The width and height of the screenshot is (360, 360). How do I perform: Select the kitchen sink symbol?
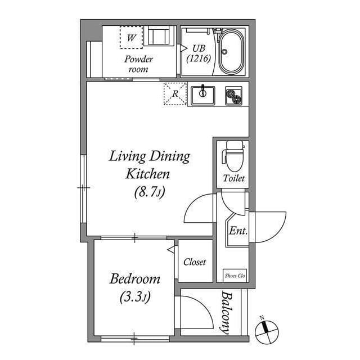[202, 95]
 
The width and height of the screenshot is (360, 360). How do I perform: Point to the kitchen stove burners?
[233, 96]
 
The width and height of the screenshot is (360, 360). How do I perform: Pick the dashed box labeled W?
[131, 38]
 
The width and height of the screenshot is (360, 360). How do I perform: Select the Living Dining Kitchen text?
[148, 165]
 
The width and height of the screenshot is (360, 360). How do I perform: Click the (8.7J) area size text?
[148, 192]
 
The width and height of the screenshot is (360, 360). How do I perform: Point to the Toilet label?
[233, 179]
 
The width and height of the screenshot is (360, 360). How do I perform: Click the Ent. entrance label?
[237, 231]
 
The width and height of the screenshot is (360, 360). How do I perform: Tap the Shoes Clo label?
[235, 275]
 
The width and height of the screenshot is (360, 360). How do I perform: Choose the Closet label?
[195, 262]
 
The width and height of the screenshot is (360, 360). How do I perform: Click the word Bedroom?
[134, 279]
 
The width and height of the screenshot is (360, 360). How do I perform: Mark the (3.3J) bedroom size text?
[134, 296]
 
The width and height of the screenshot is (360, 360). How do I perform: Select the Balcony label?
[227, 313]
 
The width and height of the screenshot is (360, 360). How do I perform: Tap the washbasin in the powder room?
[158, 37]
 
